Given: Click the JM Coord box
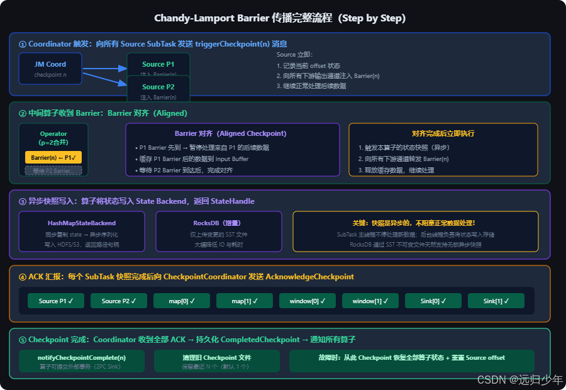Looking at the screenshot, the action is (50, 69).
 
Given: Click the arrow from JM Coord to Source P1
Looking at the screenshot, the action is (104, 69).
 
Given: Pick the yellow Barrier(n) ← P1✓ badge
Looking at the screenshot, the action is (53, 157).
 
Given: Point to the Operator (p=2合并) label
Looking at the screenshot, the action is (53, 138).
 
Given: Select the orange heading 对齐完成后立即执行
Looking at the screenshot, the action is (443, 133).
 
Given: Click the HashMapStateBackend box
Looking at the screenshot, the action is (82, 231).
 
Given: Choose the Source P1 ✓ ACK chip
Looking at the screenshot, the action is (56, 301).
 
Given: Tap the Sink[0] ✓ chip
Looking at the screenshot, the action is (433, 301).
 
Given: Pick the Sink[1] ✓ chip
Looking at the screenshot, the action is (496, 301).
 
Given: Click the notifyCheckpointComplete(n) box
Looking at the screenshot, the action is (82, 361).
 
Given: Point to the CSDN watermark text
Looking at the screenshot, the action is (519, 379).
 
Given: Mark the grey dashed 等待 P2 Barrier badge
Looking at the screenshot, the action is (53, 170).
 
